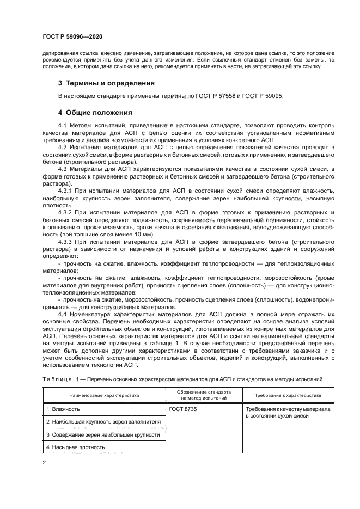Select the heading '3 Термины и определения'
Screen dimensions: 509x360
[106, 83]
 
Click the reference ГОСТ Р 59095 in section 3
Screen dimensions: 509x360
[263, 96]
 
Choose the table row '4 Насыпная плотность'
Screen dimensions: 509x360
[76, 447]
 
